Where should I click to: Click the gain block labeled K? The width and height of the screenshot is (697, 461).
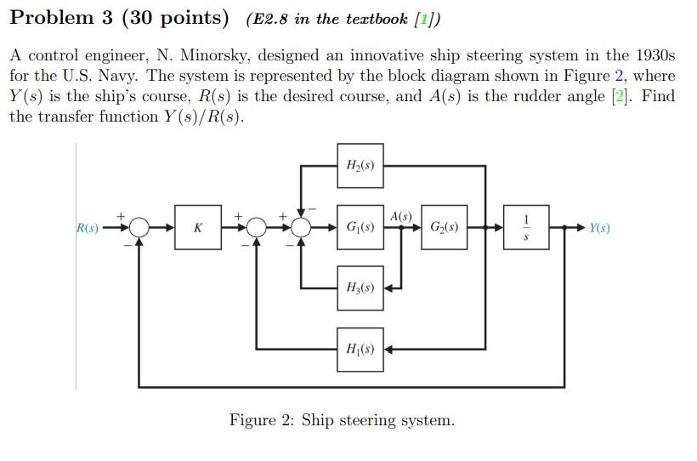(x=198, y=228)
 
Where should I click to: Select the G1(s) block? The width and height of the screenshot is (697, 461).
(x=360, y=228)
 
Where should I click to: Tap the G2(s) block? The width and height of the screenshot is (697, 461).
(x=444, y=228)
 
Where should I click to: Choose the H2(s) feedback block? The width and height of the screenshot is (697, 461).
(x=360, y=166)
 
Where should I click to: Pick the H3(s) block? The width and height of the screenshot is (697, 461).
(x=360, y=288)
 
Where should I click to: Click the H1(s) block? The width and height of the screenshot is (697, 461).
(x=360, y=349)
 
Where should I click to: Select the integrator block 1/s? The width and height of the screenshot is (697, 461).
(x=526, y=228)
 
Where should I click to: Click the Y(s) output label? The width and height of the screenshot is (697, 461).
(x=599, y=228)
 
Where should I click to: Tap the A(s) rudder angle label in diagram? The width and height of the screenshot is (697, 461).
(x=401, y=216)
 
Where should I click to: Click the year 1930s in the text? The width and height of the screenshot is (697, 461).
(x=650, y=55)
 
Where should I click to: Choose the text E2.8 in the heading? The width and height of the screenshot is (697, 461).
(x=270, y=19)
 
